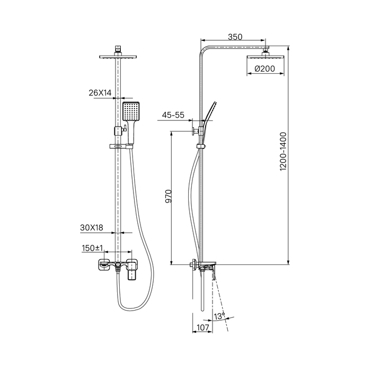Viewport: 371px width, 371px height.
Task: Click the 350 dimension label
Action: tap(235, 37)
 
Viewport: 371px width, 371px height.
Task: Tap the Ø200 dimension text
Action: tap(265, 68)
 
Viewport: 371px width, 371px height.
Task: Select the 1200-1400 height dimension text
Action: tap(283, 152)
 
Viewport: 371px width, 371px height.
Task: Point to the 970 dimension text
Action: tap(168, 196)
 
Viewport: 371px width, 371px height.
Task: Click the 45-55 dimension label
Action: tap(173, 115)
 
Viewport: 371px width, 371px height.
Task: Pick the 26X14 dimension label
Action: tap(100, 93)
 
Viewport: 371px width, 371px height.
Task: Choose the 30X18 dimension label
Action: tap(92, 227)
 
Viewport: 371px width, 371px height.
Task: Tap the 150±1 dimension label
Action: tap(93, 248)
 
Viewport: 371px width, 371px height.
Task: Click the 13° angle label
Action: tap(219, 316)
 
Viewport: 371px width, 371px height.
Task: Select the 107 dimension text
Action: tap(203, 328)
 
